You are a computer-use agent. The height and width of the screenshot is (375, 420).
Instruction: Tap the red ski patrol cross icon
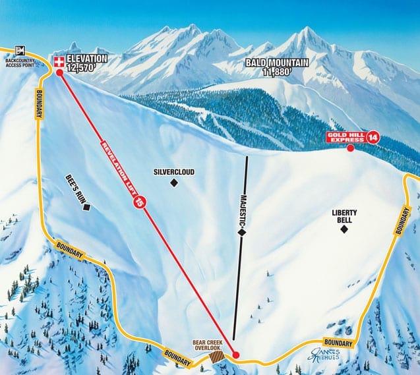[x=58, y=62]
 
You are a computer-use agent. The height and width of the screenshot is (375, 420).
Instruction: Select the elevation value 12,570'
[x=86, y=67]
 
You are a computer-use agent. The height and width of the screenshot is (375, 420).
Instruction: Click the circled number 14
[x=374, y=137]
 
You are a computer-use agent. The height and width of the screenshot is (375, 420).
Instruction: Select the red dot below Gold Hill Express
[x=350, y=148]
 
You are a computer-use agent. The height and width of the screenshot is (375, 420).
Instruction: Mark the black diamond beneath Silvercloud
[x=174, y=183]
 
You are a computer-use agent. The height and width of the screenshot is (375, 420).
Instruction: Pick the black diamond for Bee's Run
[x=86, y=207]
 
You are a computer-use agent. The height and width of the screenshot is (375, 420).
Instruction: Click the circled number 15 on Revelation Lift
[x=139, y=204]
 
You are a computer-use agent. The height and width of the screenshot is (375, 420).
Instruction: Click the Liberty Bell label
[x=344, y=216]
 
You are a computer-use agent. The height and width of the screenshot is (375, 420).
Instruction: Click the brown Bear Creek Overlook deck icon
[x=215, y=356]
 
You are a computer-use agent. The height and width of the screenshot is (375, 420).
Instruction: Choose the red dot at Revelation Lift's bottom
[x=236, y=355]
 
